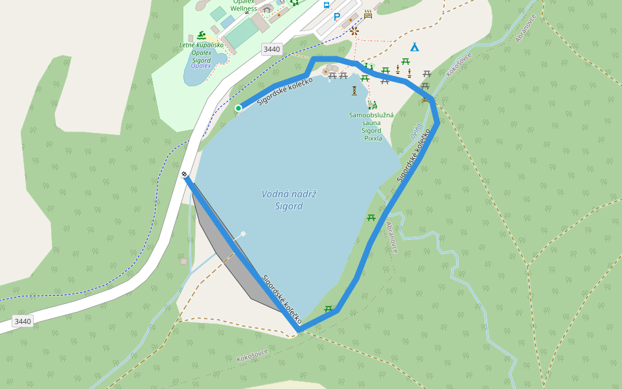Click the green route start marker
[x=238, y=108]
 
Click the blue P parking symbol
[x=336, y=18]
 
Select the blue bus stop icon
[x=327, y=5]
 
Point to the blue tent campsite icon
[x=414, y=47]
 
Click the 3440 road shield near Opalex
[x=272, y=49]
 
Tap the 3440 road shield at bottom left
[x=23, y=321]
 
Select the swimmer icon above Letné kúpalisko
[x=202, y=35]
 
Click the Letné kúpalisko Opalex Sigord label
[x=201, y=53]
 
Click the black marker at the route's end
[x=185, y=174]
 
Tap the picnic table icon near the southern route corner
[x=328, y=309]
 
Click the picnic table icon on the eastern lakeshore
[x=371, y=218]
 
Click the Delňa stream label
[x=415, y=132]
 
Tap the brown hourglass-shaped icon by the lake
[x=354, y=90]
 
